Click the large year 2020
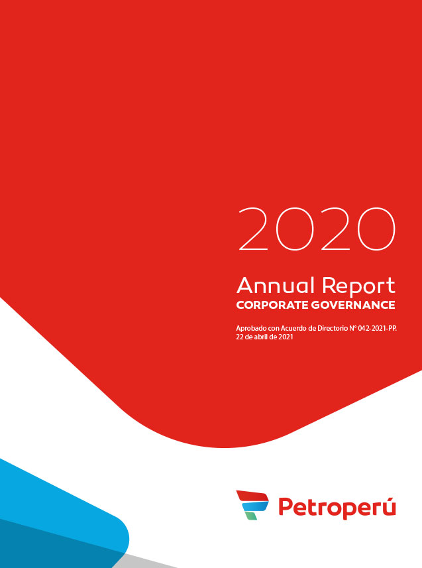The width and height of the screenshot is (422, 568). coord(316,229)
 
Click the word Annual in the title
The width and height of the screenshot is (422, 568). coord(276,285)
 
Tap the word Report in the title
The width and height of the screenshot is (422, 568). coord(358,286)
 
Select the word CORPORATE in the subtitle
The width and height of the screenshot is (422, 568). coord(272,305)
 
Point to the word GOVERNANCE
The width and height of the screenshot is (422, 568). coord(353,305)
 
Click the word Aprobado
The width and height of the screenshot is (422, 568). coord(251,329)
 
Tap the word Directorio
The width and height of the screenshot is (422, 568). coord(332,329)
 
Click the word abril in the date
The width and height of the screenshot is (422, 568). coord(260,337)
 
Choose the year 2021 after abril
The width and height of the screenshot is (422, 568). coord(286,337)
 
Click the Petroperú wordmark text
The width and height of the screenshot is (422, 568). coord(337,507)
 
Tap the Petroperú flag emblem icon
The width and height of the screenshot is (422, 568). coord(252,505)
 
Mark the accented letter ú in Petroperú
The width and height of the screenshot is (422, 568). coord(388,506)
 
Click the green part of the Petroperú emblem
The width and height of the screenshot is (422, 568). coord(250,516)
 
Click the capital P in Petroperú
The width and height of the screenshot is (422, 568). coord(285,506)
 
